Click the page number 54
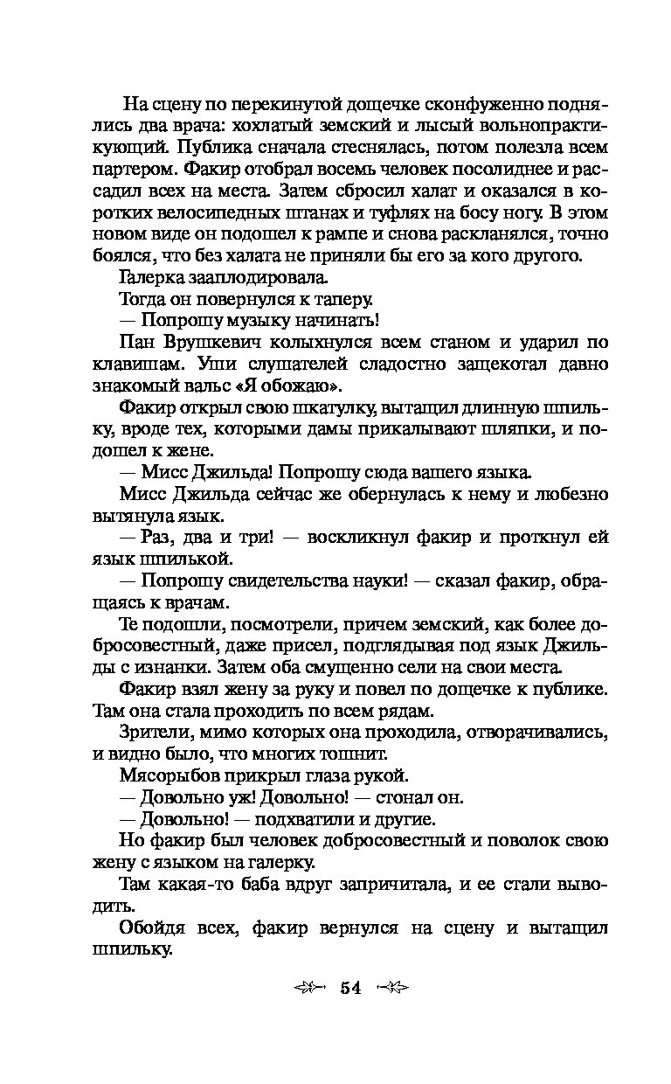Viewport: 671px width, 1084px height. pos(350,988)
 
